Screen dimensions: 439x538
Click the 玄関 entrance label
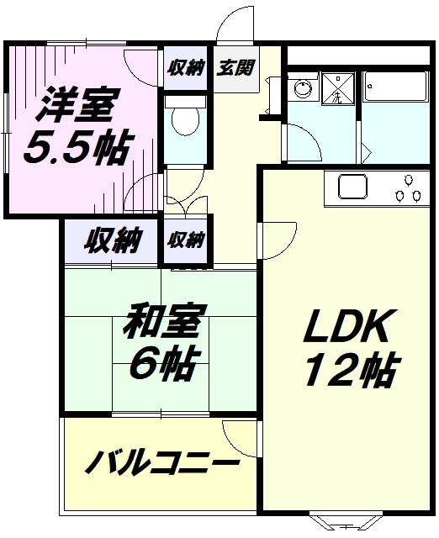235,67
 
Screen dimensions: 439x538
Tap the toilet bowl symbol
185,121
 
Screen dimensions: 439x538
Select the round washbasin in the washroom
304,87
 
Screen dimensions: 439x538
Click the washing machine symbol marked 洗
338,89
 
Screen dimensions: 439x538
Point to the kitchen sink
353,187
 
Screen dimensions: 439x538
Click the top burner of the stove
409,180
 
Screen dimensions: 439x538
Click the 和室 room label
165,320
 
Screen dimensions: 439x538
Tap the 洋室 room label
78,104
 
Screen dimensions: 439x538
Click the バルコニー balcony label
161,462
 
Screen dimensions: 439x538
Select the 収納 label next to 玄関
186,67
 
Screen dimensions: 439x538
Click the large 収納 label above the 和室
113,240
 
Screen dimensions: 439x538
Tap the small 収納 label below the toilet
186,240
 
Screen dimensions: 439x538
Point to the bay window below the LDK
346,522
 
